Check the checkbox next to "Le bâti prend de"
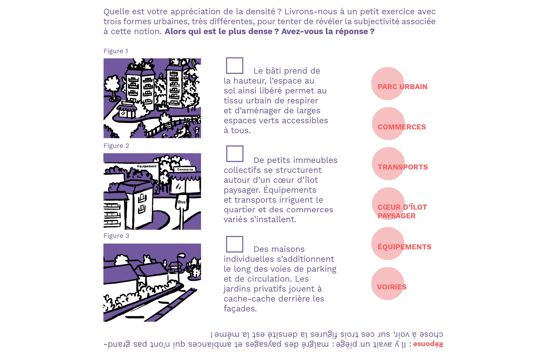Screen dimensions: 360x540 click(x=234, y=66)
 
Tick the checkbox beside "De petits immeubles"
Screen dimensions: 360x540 click(x=235, y=154)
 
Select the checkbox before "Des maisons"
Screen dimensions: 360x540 click(x=234, y=244)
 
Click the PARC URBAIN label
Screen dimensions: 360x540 click(x=402, y=87)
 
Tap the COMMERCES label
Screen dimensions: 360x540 click(x=402, y=127)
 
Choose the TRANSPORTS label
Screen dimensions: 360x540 click(x=402, y=167)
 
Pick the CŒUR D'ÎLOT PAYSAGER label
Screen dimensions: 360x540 click(x=402, y=211)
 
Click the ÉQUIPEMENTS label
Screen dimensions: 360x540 click(x=404, y=247)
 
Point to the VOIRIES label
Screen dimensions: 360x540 click(x=391, y=287)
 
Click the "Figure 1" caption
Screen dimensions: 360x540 click(x=116, y=51)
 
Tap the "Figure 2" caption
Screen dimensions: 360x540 click(x=116, y=146)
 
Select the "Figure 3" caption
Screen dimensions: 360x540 click(x=116, y=236)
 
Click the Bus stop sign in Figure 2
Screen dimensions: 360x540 click(x=182, y=202)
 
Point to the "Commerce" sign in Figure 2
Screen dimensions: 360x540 click(x=185, y=169)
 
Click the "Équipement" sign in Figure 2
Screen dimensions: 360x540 click(x=147, y=166)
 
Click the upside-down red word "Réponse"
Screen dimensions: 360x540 click(x=428, y=344)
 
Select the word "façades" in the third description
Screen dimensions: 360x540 click(x=240, y=309)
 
